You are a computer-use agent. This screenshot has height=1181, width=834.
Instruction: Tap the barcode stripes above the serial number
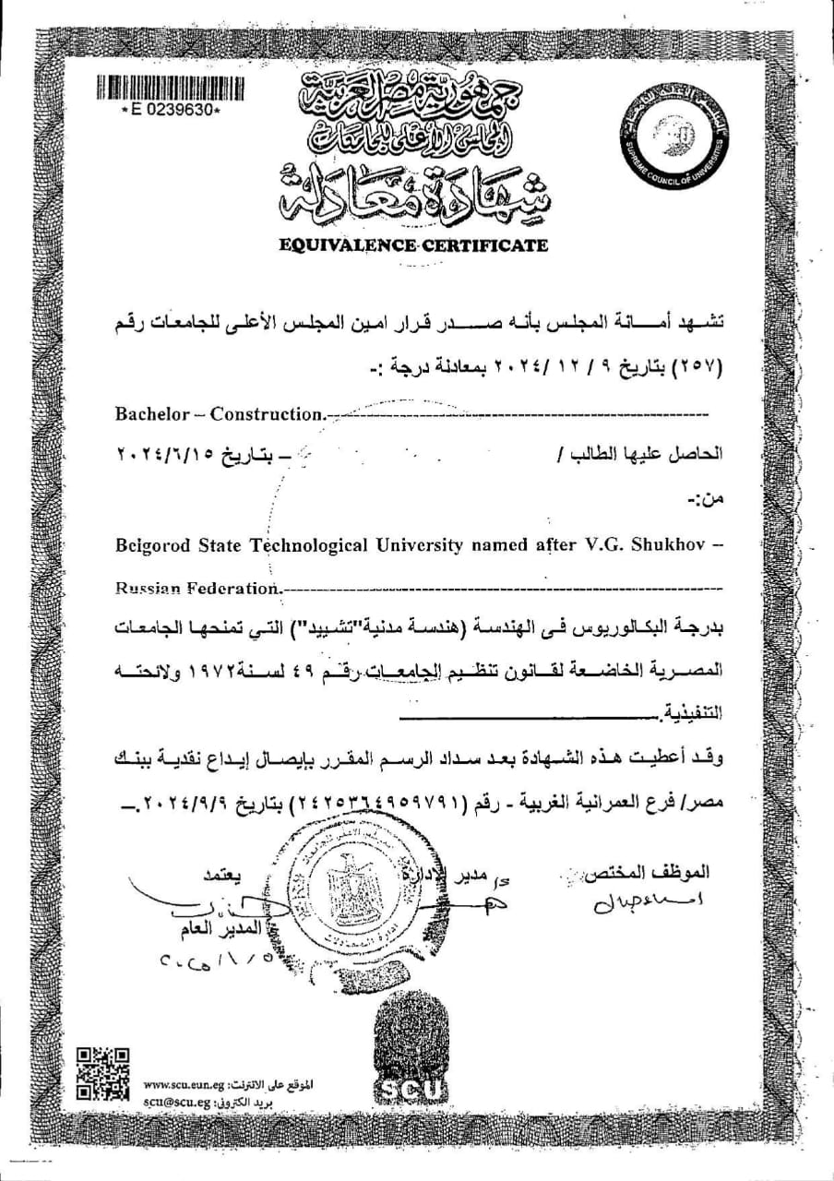172,89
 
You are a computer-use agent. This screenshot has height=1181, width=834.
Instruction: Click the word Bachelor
149,414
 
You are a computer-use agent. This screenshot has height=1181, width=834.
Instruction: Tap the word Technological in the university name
314,545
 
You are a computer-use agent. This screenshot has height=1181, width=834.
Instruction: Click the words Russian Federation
196,587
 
